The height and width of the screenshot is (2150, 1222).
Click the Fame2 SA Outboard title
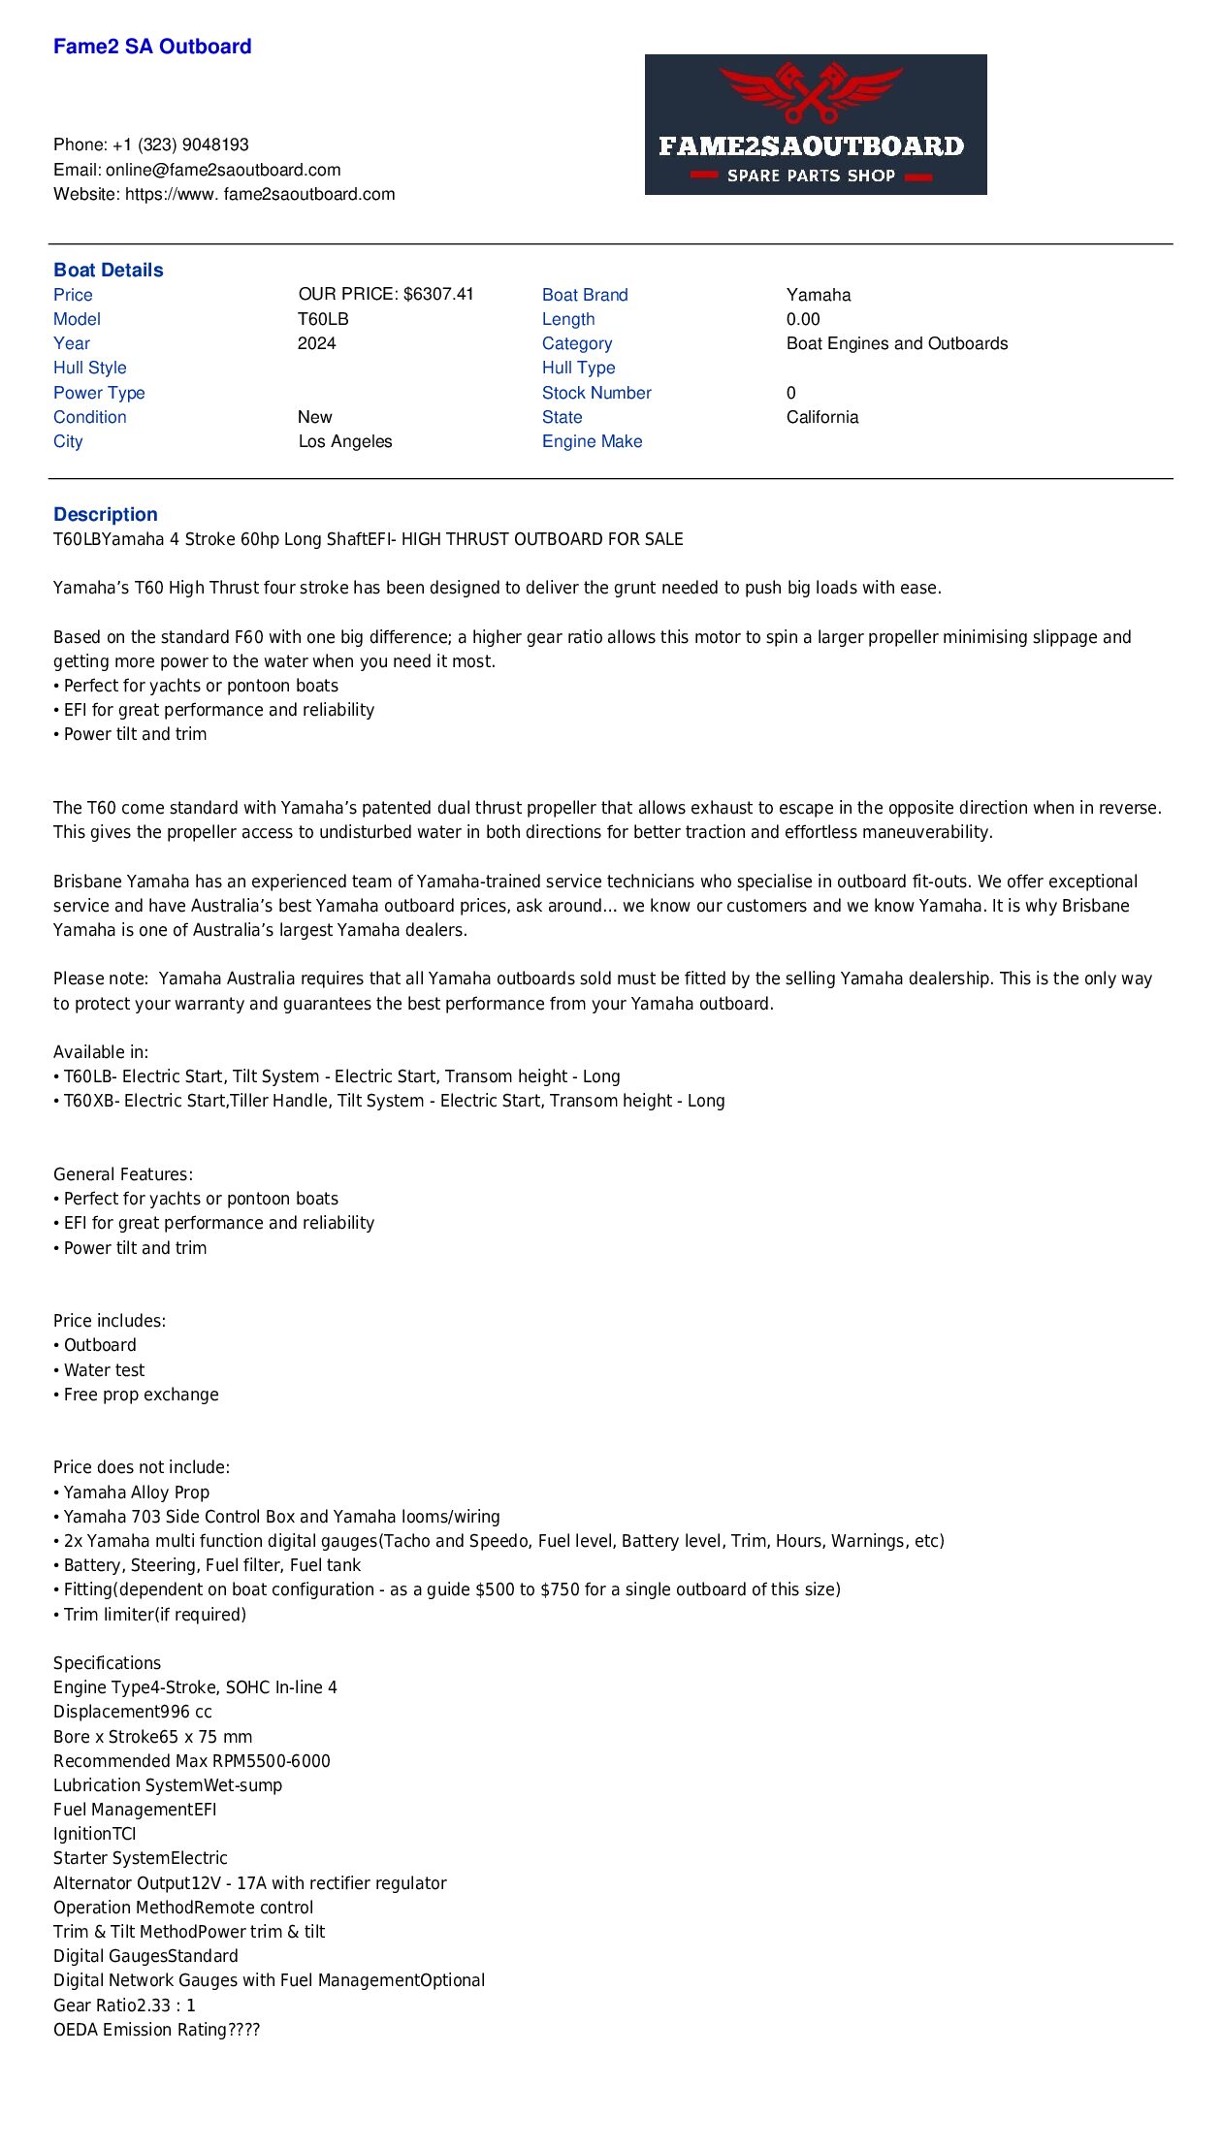click(152, 47)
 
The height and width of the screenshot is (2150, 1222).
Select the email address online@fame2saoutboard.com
click(223, 170)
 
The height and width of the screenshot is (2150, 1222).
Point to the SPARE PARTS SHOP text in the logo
click(811, 176)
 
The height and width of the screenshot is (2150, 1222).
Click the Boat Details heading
click(109, 270)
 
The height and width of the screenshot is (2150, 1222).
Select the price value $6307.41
click(438, 294)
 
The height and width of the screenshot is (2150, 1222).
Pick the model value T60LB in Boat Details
click(323, 319)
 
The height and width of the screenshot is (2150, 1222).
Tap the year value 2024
click(317, 343)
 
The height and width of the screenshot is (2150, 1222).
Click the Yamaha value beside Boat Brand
click(819, 295)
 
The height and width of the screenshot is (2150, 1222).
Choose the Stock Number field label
click(596, 393)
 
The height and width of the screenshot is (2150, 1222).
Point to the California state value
click(822, 417)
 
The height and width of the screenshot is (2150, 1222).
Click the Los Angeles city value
click(345, 441)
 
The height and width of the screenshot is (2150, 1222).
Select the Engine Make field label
click(592, 441)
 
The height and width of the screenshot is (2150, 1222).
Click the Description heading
click(106, 514)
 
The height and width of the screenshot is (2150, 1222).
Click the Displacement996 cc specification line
click(133, 1712)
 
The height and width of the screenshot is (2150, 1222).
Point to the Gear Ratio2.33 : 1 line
click(124, 2005)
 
